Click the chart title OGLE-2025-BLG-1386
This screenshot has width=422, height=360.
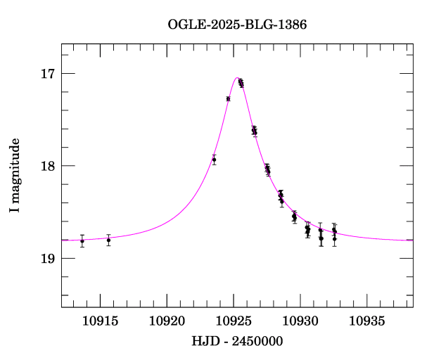tap(237, 25)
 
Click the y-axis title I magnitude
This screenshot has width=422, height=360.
tap(15, 175)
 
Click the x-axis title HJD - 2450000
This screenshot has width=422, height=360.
tap(236, 341)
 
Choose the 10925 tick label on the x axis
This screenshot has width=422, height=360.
tap(234, 321)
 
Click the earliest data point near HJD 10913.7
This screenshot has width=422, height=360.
tap(82, 241)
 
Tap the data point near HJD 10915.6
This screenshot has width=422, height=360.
tap(108, 240)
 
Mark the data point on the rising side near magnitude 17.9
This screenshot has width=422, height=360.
tap(214, 160)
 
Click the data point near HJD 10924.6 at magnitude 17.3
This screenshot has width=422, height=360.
tap(228, 98)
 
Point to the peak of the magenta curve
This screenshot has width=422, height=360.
tap(238, 77)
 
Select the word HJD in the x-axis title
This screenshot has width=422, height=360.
tap(205, 341)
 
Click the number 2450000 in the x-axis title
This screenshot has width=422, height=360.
tap(255, 341)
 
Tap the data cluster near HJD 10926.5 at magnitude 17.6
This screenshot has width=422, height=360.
tap(254, 131)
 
